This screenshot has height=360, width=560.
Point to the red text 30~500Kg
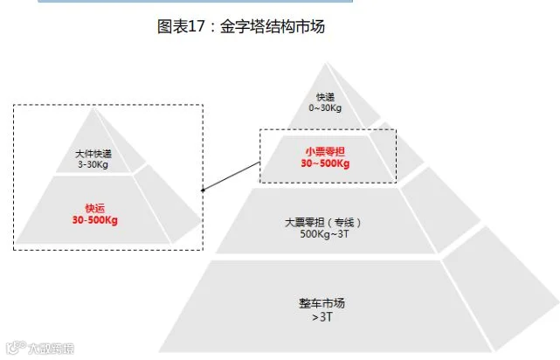click(x=325, y=163)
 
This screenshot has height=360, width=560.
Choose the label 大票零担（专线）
click(x=324, y=222)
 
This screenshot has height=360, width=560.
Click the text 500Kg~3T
click(x=324, y=234)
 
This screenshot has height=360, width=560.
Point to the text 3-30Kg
click(x=93, y=164)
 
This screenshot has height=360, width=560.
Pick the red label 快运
click(x=94, y=208)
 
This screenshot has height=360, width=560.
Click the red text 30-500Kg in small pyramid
click(x=94, y=220)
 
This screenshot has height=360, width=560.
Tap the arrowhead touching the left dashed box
click(x=204, y=189)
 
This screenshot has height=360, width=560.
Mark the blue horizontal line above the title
click(x=196, y=2)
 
